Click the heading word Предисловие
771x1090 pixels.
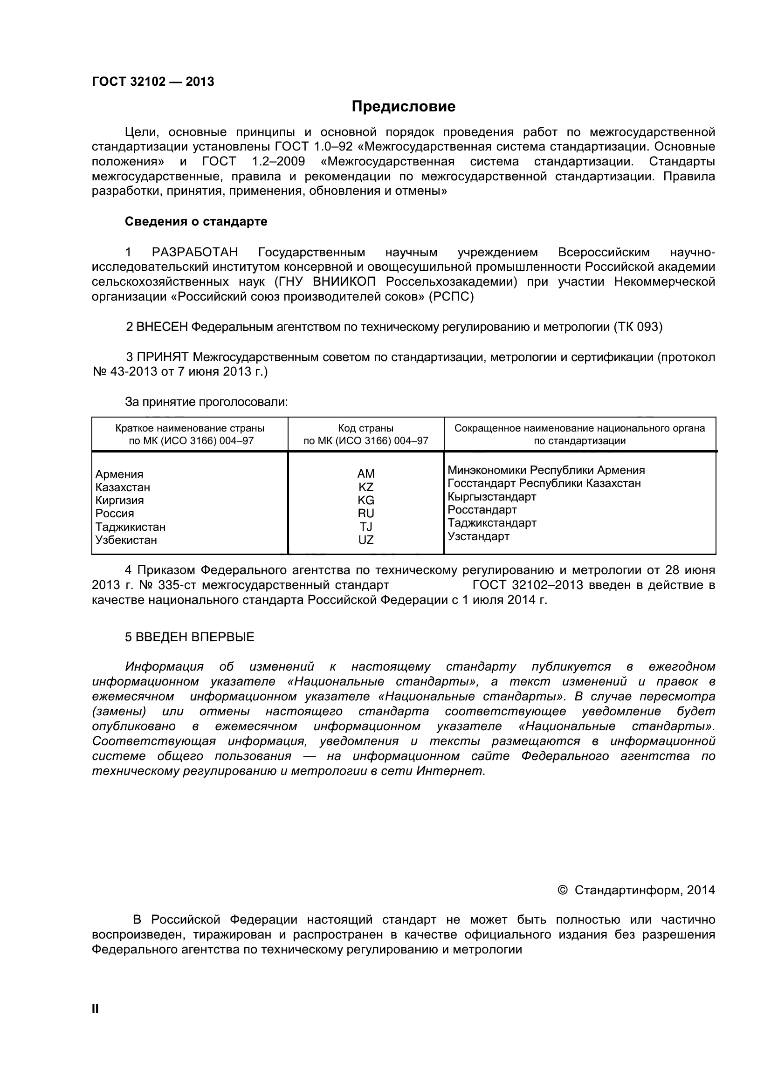pyautogui.click(x=403, y=106)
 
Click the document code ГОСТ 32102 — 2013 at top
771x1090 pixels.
pyautogui.click(x=153, y=82)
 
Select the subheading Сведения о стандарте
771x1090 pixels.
pyautogui.click(x=196, y=222)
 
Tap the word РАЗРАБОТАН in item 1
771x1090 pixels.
pyautogui.click(x=195, y=252)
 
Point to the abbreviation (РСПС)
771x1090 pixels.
pyautogui.click(x=451, y=297)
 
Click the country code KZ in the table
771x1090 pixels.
pyautogui.click(x=365, y=487)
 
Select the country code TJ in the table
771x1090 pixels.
pyautogui.click(x=365, y=527)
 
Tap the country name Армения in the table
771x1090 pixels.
pyautogui.click(x=119, y=474)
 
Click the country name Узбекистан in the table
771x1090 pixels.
pyautogui.click(x=126, y=540)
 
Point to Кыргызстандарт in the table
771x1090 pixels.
pyautogui.click(x=492, y=497)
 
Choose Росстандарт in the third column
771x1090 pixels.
pyautogui.click(x=482, y=510)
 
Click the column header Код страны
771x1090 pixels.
pyautogui.click(x=365, y=428)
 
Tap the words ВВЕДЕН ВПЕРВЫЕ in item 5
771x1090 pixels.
pyautogui.click(x=195, y=637)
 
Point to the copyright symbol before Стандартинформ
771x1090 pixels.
pyautogui.click(x=562, y=890)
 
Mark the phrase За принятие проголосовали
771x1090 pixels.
pyautogui.click(x=206, y=402)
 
